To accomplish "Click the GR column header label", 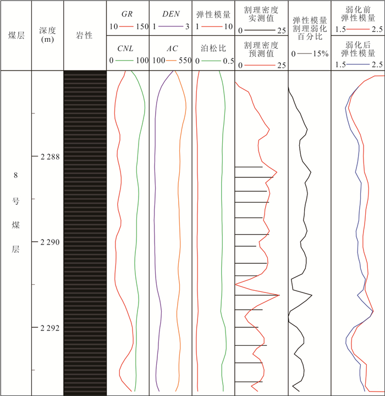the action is tap(127, 14).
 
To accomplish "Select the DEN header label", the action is tap(171, 14).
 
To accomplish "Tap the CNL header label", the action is tap(125, 48).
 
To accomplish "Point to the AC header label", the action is tap(173, 48).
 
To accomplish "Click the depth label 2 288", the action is tap(50, 157).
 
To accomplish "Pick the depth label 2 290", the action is tap(50, 242).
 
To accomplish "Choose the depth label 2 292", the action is tap(50, 328).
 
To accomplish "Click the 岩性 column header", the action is tap(84, 35).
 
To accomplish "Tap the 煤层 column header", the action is tap(16, 35).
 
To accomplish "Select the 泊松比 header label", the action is tap(213, 48).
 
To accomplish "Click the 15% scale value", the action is tap(321, 54).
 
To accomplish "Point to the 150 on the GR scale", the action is tap(142, 26).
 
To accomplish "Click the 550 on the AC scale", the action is tap(185, 61).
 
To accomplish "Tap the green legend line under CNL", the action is tap(124, 61).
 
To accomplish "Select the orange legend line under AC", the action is tap(171, 61).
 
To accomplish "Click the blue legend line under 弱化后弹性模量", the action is tap(358, 64).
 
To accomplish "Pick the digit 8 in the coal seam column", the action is tap(15, 175).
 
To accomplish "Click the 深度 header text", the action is tap(47, 30).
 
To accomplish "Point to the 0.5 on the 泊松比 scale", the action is tap(228, 61).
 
